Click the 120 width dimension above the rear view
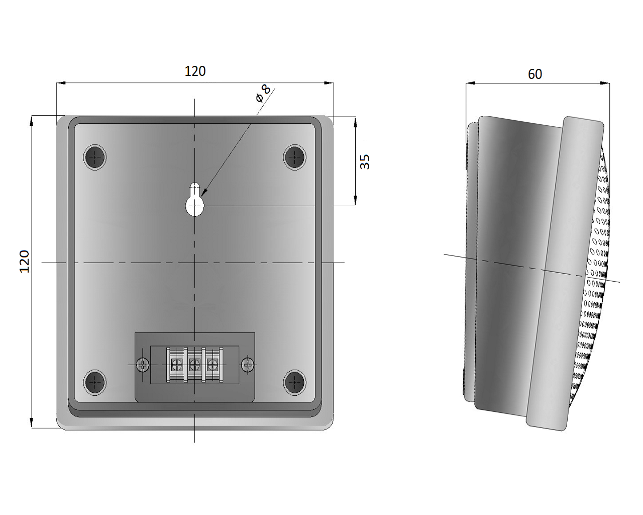(195, 71)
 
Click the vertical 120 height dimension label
(25, 262)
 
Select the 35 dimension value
(365, 162)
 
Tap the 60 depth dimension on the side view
(535, 74)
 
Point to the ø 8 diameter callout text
(263, 94)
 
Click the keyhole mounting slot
(195, 199)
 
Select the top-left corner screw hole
(95, 157)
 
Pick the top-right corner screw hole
(294, 157)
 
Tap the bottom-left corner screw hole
(95, 382)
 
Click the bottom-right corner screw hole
(294, 382)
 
